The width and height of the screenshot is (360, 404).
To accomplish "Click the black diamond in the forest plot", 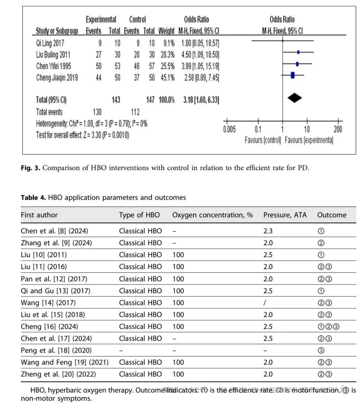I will point(295,98).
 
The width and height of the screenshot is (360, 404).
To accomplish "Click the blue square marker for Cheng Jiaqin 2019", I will point(293,75).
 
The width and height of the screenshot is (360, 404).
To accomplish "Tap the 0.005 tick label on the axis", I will point(229,130).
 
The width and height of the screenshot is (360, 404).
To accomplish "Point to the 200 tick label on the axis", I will point(338,130).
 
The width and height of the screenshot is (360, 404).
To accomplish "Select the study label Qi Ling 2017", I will point(50,43).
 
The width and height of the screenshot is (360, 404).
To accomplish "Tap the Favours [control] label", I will point(263,141).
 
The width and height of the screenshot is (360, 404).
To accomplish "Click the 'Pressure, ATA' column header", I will point(285,215).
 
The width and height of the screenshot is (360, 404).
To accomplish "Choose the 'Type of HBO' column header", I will point(139,215).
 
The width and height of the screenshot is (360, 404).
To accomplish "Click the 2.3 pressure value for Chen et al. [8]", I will point(268,231).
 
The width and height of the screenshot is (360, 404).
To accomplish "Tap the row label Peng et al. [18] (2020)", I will point(56,350).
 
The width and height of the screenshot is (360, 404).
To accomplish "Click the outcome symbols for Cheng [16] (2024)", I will point(329,327).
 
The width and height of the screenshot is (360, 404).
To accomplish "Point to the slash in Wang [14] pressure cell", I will point(264,303).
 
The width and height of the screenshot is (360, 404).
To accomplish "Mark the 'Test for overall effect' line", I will point(83,135).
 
